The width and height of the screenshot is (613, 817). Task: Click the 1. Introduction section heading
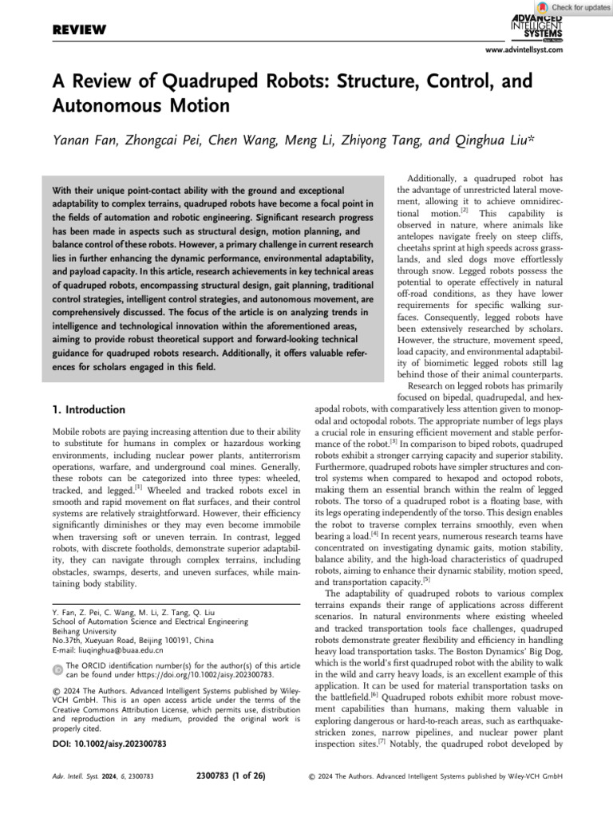(x=88, y=410)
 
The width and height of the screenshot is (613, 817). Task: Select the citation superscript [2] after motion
(x=462, y=211)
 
